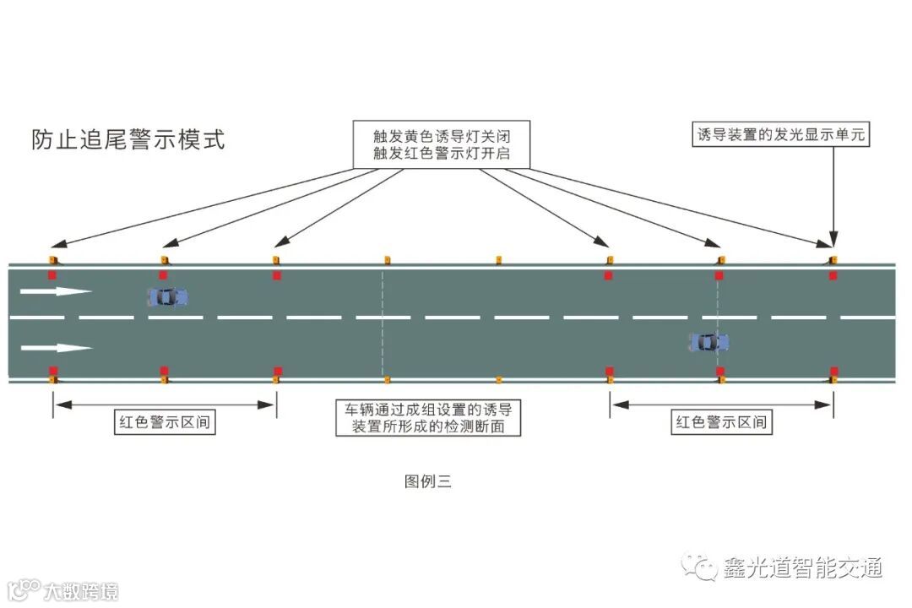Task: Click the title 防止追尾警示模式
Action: pos(128,139)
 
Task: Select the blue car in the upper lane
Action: pos(167,296)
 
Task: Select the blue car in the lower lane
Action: pos(708,342)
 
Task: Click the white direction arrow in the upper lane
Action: pos(56,291)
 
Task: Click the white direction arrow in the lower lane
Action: pos(56,347)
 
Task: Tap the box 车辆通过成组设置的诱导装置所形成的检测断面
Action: pos(428,418)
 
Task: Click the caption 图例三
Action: pos(428,482)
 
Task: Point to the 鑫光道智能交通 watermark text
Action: pos(802,567)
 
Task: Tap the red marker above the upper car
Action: pos(164,274)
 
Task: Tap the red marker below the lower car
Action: pos(720,371)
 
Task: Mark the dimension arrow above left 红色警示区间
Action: pos(165,404)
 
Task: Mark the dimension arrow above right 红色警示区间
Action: pos(721,404)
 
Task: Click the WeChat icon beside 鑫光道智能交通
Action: pos(700,567)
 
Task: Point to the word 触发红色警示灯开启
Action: pos(441,155)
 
